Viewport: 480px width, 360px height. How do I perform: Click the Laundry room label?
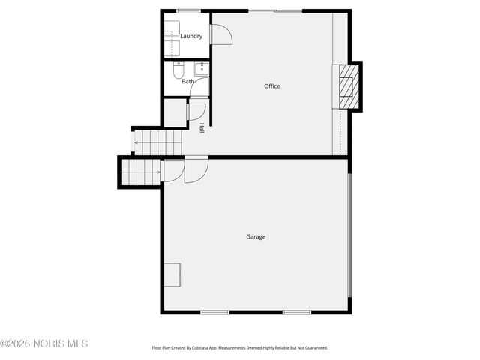point(191,36)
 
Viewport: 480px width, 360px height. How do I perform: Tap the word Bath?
point(187,81)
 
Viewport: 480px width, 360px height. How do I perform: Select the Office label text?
point(271,86)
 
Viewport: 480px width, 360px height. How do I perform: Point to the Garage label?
point(256,237)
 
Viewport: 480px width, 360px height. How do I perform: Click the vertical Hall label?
point(202,128)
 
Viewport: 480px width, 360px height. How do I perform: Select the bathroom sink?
point(202,68)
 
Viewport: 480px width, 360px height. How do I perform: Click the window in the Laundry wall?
point(188,10)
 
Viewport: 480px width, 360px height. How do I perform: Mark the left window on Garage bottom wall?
point(214,312)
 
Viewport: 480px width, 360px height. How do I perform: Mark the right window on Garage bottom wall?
point(297,312)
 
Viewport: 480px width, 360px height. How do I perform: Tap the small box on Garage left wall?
point(173,274)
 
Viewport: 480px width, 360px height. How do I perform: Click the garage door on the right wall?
point(349,235)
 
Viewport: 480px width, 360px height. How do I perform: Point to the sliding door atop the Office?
point(275,10)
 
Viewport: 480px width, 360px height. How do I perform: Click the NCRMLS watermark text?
point(44,343)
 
